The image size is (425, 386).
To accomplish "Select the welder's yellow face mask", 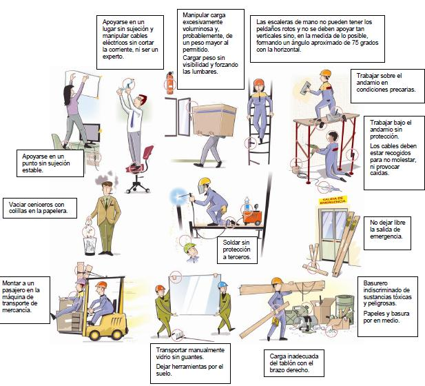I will click(x=203, y=185).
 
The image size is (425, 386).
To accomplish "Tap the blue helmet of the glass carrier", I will click(x=222, y=284).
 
